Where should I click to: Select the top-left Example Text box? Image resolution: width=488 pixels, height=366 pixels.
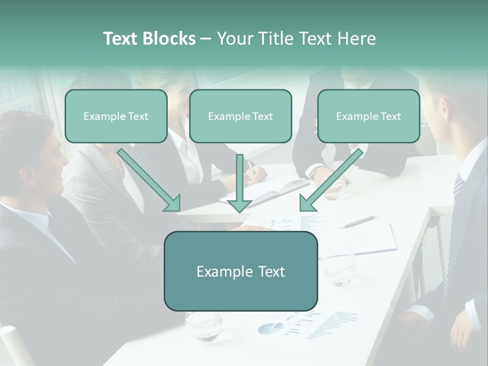pos(116,116)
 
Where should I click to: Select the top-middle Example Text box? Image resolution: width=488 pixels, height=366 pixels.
pos(240,116)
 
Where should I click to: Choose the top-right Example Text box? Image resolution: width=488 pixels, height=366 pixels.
pos(369,116)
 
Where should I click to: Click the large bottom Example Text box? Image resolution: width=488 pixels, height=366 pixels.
pos(240,271)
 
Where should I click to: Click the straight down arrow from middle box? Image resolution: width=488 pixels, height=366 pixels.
pos(239,184)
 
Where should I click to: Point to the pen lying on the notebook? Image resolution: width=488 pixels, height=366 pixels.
pos(359,222)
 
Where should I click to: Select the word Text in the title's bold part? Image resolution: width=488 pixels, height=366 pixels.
pos(120,39)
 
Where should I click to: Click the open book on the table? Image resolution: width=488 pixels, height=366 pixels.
pos(274,192)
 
